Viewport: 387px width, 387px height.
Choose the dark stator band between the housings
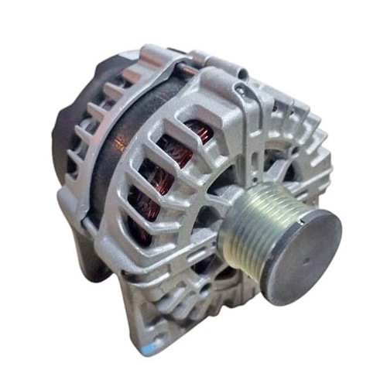pyautogui.click(x=108, y=170)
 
